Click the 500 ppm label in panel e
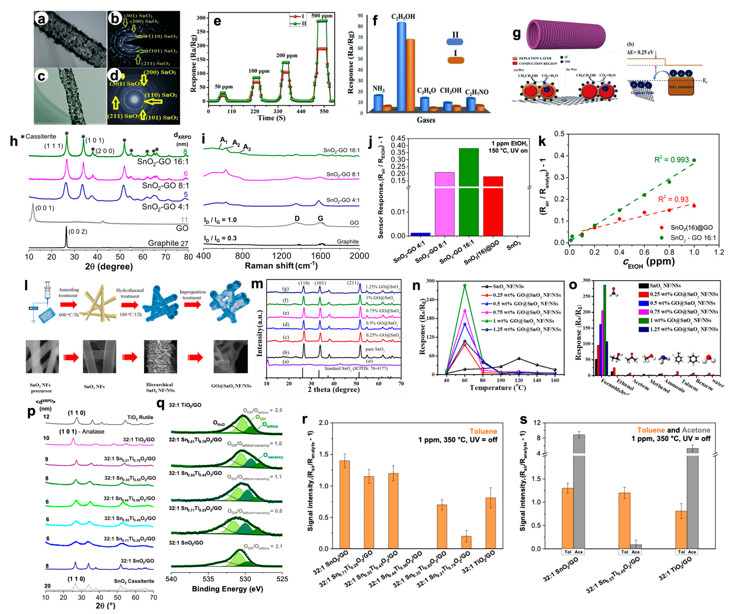tap(322, 16)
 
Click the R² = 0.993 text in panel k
tap(671, 160)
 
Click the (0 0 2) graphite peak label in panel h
tap(78, 232)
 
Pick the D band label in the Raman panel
tap(297, 219)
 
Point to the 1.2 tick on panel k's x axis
tap(719, 252)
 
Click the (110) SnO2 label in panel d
tap(161, 95)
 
